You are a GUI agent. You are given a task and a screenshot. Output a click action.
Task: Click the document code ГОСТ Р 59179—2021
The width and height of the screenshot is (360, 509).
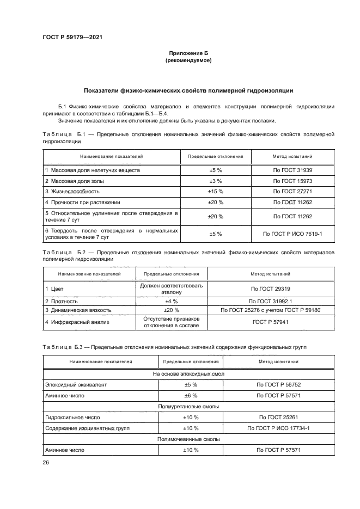(x=72, y=37)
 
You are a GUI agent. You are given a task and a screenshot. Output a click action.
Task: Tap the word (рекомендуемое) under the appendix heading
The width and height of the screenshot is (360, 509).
(x=188, y=61)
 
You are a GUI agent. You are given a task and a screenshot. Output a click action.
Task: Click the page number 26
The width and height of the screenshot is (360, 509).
(x=46, y=462)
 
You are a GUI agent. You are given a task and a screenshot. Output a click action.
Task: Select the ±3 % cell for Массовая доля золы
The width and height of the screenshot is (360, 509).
(x=216, y=181)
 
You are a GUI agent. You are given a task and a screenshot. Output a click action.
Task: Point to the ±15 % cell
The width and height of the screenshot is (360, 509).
(x=216, y=191)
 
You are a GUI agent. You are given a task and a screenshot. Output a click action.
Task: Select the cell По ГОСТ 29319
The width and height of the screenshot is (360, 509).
(x=270, y=289)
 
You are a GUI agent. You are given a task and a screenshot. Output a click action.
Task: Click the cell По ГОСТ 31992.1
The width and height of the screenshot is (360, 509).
(x=270, y=301)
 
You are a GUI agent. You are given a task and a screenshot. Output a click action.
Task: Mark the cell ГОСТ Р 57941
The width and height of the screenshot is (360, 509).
(x=270, y=322)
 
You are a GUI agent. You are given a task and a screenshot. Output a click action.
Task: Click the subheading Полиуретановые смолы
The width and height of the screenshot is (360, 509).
(x=188, y=406)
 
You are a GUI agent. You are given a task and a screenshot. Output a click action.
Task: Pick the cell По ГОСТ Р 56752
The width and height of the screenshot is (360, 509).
(x=278, y=384)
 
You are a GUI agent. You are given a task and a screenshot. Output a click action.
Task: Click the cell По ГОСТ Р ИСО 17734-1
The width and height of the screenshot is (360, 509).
(x=278, y=428)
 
